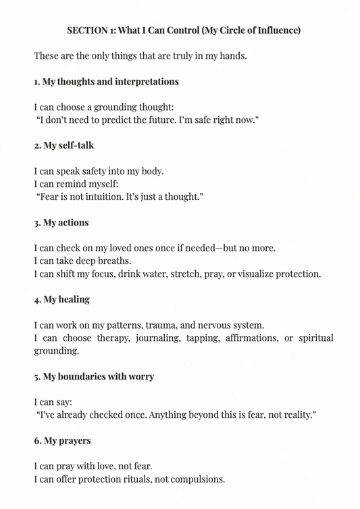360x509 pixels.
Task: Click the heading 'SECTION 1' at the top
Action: [x=88, y=30]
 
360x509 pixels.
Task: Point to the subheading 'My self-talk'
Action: [x=63, y=145]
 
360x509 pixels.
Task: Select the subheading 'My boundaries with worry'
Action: [x=94, y=376]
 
